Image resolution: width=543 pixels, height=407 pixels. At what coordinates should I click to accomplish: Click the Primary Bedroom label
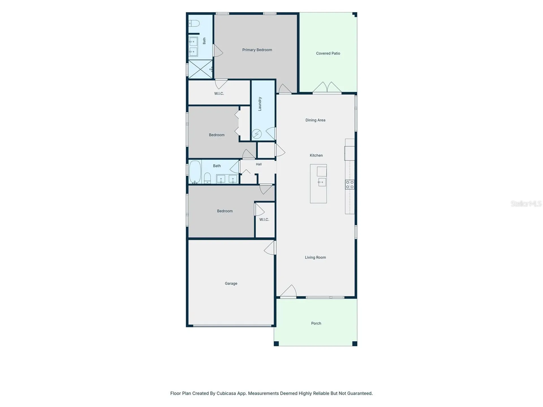[257, 50]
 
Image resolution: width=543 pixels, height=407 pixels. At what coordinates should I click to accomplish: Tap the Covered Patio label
[328, 53]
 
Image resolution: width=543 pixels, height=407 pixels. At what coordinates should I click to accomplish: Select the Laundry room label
[260, 104]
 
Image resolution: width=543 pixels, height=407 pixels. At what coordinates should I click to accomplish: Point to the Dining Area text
[315, 120]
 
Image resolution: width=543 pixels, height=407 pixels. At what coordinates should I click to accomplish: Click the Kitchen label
[316, 155]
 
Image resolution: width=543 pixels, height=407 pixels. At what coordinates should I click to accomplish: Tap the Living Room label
[315, 257]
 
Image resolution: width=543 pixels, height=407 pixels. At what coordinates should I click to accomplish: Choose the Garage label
[231, 283]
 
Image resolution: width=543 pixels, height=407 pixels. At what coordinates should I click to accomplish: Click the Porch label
[316, 323]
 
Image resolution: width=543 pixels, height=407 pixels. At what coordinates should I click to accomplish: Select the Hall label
[259, 164]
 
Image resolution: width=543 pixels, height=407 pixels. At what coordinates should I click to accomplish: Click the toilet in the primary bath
[194, 23]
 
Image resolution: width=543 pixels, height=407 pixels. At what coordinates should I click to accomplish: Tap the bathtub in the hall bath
[195, 172]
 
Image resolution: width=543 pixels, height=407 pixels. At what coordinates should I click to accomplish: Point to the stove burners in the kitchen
[350, 185]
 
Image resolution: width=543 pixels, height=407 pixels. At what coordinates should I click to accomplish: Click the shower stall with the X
[201, 69]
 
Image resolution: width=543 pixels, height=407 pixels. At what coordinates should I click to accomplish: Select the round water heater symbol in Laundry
[257, 134]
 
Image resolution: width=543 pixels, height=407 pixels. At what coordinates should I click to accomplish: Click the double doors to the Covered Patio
[327, 87]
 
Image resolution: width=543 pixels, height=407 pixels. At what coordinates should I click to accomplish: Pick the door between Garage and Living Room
[270, 248]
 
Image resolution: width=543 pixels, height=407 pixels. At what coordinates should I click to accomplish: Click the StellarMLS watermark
[526, 204]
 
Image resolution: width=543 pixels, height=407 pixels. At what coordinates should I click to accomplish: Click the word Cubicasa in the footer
[226, 393]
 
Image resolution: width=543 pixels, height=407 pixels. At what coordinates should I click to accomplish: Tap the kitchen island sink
[322, 182]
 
